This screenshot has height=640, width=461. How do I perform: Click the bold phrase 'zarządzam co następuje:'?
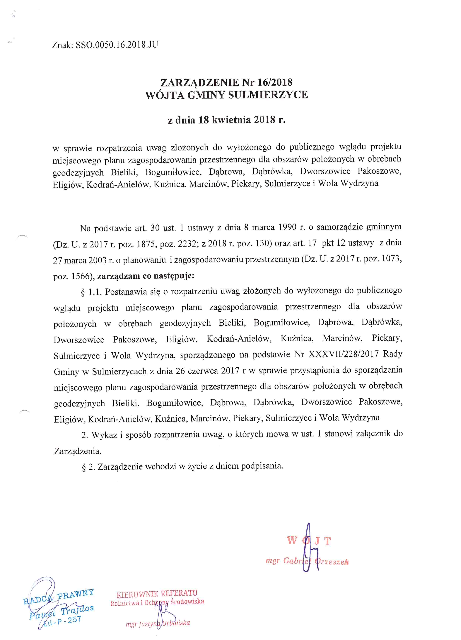[146, 276]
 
